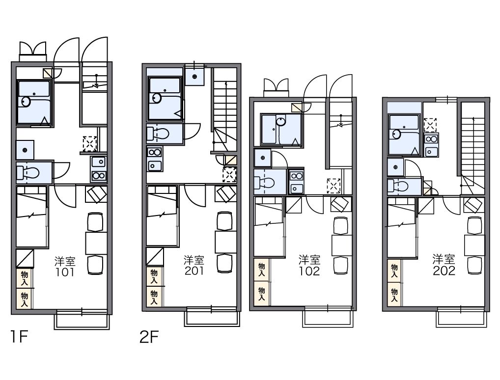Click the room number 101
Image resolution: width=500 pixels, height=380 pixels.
coord(65,272)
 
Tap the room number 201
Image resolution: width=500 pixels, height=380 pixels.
coord(194,271)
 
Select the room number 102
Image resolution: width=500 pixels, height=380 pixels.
coord(309,271)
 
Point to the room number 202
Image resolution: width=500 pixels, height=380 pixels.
coord(444,271)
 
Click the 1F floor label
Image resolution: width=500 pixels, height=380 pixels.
coord(20,337)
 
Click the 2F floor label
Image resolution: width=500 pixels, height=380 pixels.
coord(149,337)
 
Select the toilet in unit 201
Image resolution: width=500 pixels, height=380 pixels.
coord(158,134)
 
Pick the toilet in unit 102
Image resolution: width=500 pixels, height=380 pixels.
coord(265,183)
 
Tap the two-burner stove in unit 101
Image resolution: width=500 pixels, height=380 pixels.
coord(99,176)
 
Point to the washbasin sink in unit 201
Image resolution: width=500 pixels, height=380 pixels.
coord(155,166)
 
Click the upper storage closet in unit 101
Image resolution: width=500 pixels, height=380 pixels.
coord(25,278)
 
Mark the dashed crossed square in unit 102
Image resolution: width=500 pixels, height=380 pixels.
coord(333,186)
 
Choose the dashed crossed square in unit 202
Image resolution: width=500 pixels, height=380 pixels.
coord(430,125)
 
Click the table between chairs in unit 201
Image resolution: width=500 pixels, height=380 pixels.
coord(226,242)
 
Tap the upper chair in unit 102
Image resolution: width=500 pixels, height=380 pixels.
coord(341,226)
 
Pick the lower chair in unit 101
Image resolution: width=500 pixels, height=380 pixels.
coord(95,265)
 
